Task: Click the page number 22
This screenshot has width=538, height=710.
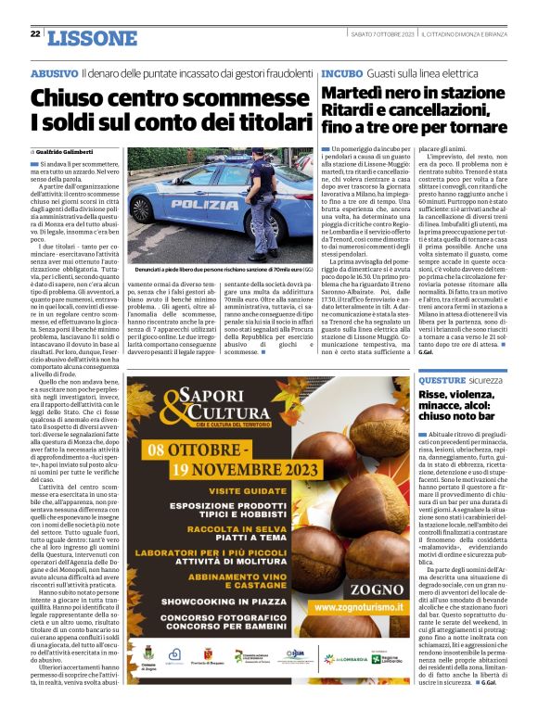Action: coord(34,34)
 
